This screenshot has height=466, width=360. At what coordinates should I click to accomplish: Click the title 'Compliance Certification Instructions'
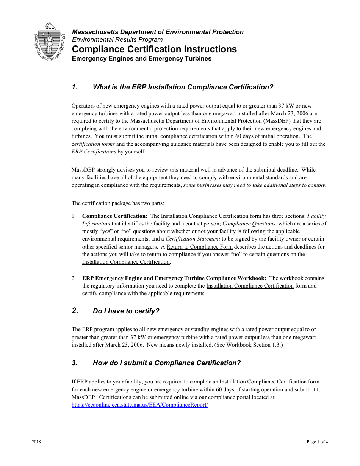154,49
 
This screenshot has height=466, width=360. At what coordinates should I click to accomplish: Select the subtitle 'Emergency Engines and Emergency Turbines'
142,59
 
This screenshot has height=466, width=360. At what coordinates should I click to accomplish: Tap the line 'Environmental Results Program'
117,39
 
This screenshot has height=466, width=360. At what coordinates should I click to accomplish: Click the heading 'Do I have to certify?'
126,311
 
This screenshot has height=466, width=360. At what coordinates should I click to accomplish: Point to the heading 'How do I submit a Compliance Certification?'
166,363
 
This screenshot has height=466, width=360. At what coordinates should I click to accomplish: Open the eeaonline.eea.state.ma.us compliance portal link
140,405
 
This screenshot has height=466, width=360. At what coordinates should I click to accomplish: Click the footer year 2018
36,442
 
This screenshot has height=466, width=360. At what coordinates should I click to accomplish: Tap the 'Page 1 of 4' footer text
317,442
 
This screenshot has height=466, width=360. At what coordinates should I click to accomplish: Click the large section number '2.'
75,311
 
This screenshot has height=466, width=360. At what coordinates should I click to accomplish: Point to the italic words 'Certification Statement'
193,239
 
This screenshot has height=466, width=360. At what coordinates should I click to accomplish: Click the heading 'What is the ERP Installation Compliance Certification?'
183,87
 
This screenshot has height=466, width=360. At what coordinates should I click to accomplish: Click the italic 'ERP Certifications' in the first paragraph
94,152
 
